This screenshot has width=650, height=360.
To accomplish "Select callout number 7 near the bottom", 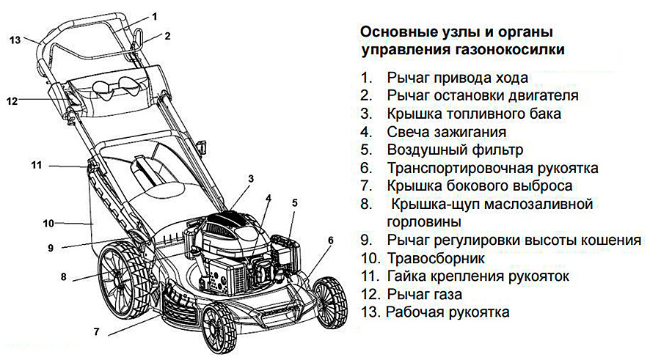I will pyautogui.click(x=96, y=331).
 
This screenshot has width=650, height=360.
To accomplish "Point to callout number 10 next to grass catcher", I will pyautogui.click(x=48, y=222).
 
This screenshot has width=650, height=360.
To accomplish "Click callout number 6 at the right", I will pyautogui.click(x=330, y=240).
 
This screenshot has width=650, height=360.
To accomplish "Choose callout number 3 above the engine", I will pyautogui.click(x=251, y=178).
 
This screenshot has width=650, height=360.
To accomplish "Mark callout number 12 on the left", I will pyautogui.click(x=12, y=102).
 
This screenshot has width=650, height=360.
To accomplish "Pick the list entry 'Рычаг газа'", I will pyautogui.click(x=425, y=295).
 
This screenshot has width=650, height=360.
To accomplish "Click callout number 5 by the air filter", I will pyautogui.click(x=294, y=202).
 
